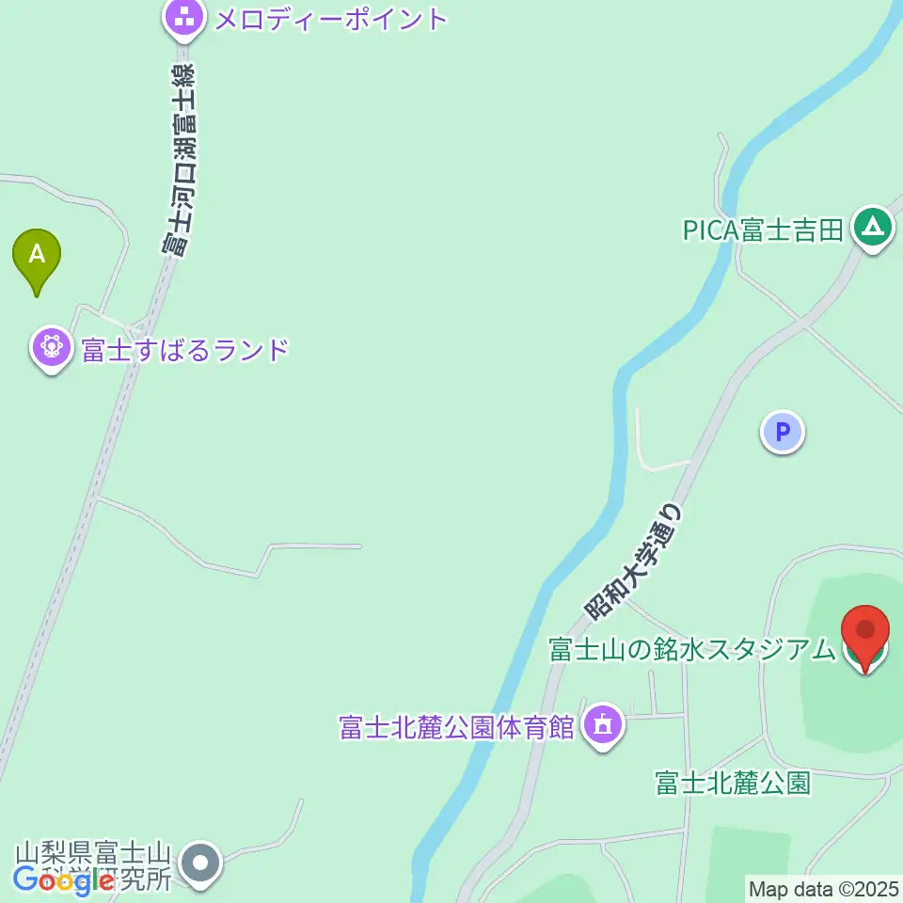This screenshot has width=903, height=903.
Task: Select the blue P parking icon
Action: pos(783,433)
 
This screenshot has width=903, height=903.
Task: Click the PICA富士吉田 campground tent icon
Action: pos(873,228)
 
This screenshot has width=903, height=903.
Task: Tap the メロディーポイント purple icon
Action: pos(185,17)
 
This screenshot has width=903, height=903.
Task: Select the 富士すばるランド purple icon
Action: pos(52,349)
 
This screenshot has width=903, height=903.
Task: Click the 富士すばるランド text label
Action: pos(184,350)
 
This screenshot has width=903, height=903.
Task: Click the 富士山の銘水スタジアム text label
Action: pos(692,649)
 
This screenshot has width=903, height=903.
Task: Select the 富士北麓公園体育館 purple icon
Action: pos(603,726)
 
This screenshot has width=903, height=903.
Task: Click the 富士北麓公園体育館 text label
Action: pos(457,727)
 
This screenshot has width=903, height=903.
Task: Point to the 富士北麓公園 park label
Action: pos(733,783)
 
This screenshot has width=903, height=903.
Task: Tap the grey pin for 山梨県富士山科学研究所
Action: pos(199,863)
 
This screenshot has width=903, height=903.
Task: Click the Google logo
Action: pos(65,880)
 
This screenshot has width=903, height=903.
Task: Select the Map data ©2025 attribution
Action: pos(823,888)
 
